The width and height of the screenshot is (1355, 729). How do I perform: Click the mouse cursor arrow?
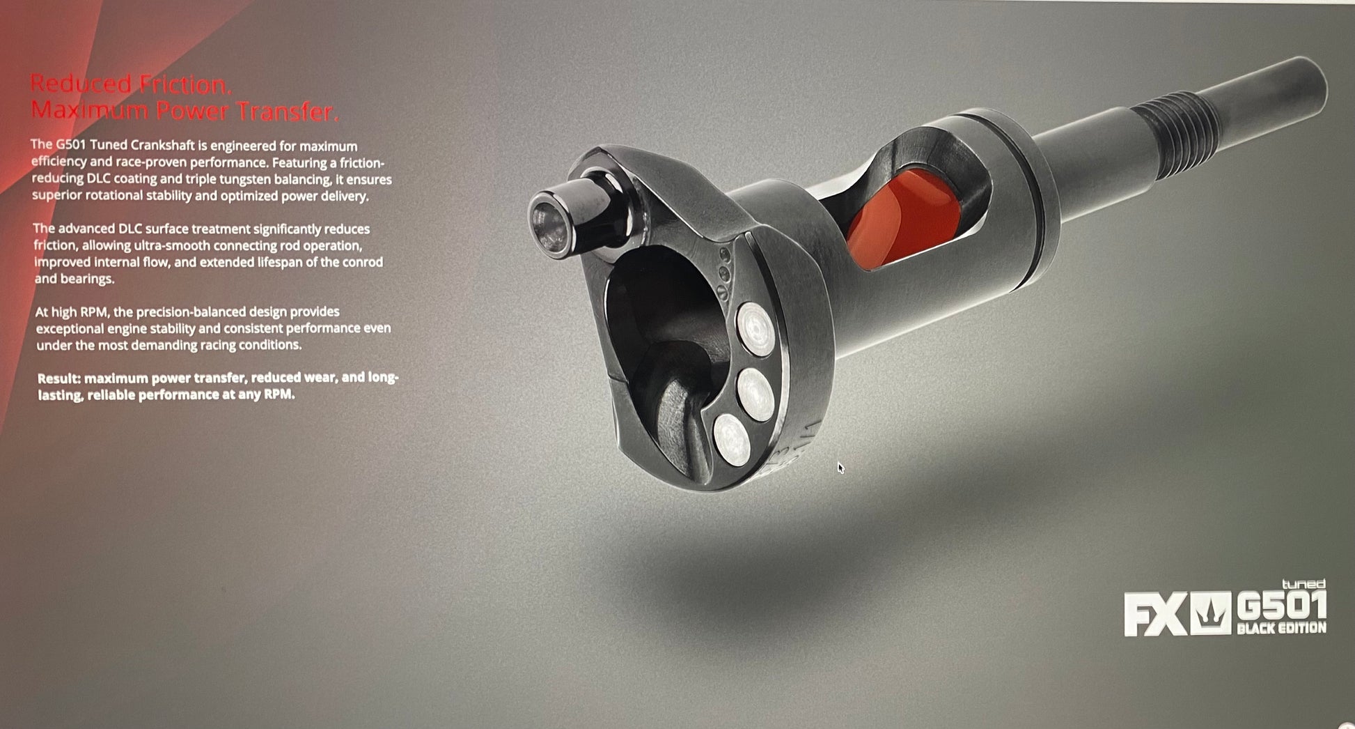[840, 468]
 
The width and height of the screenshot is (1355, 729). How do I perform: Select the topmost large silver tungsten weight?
[755, 329]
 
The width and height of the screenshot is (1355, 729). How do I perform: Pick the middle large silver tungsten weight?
[755, 394]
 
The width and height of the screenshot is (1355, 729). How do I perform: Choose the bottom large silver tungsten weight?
[732, 439]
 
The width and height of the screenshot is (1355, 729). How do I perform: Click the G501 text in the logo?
[1281, 606]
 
